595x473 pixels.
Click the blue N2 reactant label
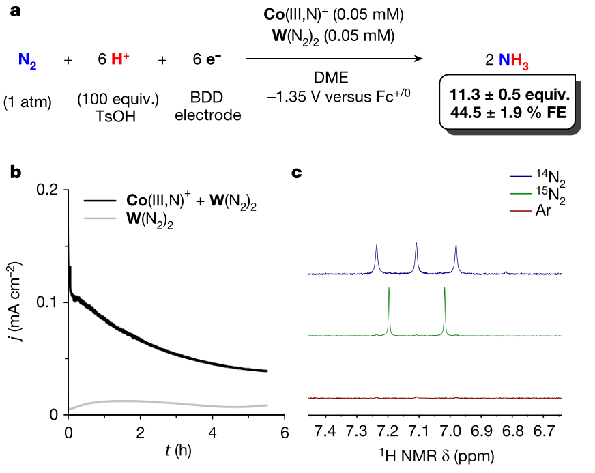click(x=27, y=61)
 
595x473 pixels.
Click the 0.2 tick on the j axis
click(x=53, y=190)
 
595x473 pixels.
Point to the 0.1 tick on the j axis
click(x=53, y=302)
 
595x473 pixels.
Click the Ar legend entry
click(x=544, y=210)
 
